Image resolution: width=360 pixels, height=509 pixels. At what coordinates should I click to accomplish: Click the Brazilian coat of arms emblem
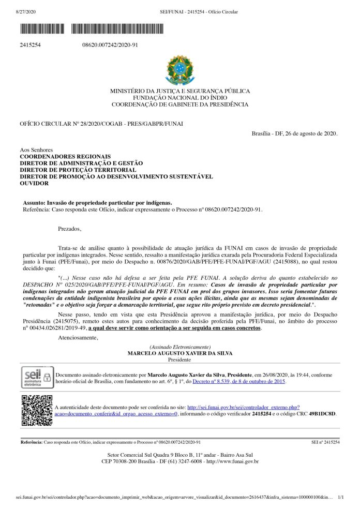click(179, 70)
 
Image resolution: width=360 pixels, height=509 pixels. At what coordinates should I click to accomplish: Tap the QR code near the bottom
click(37, 410)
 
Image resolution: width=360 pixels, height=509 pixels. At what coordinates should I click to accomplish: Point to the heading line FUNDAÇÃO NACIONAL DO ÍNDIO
click(179, 98)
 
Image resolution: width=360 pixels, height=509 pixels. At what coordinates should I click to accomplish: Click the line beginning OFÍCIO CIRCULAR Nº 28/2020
click(101, 124)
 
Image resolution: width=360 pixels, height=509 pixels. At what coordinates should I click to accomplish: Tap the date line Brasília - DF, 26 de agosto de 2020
click(294, 133)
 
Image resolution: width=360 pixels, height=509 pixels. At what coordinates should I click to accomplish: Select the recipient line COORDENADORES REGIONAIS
click(65, 156)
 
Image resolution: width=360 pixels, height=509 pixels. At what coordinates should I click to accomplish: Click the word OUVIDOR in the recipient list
click(34, 183)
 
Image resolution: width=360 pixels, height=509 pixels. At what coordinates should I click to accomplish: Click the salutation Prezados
click(70, 228)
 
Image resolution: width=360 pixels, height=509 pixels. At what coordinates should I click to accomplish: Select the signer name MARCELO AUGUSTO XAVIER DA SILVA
click(179, 353)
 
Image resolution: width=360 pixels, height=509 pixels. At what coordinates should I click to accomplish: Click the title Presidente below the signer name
click(179, 359)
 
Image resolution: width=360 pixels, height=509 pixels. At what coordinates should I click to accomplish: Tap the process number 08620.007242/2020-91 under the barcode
click(110, 45)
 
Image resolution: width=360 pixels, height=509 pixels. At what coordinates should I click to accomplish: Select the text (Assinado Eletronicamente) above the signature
click(179, 347)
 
